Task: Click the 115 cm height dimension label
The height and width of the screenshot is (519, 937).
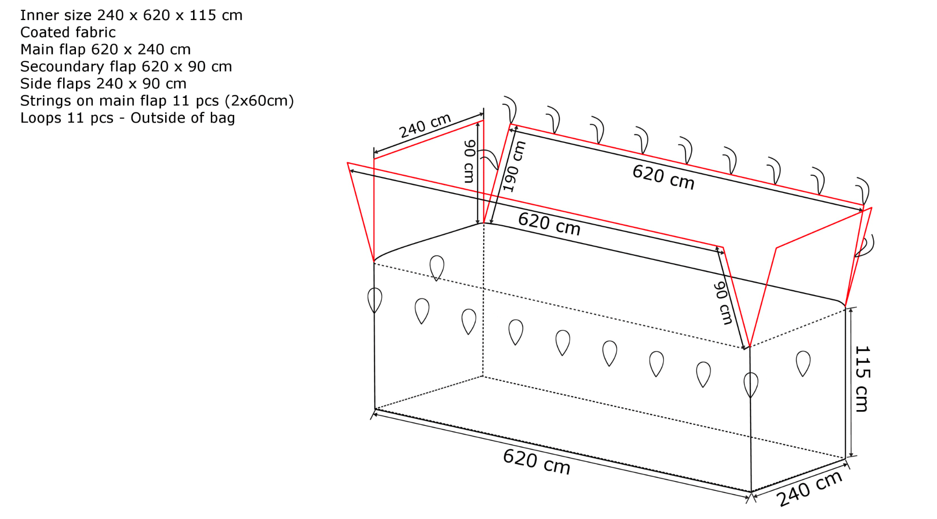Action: pos(862,379)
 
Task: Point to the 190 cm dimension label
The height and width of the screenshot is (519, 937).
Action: pos(514,166)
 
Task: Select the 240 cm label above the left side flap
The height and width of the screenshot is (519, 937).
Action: pos(425,125)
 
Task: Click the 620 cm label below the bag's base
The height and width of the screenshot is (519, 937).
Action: pos(537,462)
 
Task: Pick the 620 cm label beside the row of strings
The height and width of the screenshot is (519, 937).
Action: pos(663,177)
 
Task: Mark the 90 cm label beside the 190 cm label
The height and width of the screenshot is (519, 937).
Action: pos(469,161)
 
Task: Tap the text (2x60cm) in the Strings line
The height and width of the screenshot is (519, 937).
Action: pos(259,101)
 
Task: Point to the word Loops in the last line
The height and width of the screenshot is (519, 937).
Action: pos(41,118)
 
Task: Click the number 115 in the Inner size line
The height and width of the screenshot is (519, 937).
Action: pos(203,16)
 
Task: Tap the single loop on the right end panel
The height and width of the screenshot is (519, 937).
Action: pos(803,363)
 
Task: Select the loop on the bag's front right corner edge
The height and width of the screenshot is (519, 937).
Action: pos(751,384)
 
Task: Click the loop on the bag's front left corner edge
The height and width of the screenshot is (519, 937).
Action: pos(375,300)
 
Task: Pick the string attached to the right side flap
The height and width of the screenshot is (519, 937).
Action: pos(866,246)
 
